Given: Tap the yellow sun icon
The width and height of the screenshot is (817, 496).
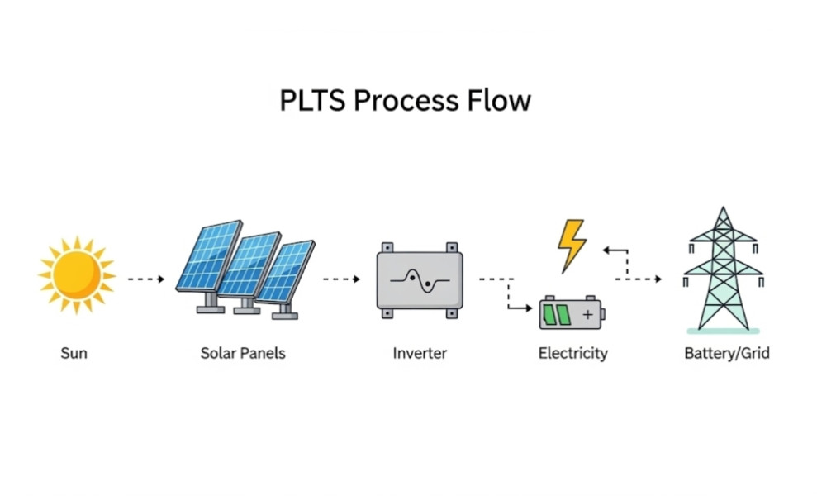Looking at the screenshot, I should point(76,274).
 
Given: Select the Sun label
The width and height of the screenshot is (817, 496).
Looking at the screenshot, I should point(74,354).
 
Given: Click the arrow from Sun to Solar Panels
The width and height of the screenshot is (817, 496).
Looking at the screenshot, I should point(146,279).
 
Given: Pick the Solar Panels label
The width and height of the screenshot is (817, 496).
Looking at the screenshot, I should point(243,354).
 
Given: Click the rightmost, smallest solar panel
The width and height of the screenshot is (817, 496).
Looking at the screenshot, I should point(286,270).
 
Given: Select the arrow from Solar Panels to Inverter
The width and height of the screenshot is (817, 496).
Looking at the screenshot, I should point(341,279).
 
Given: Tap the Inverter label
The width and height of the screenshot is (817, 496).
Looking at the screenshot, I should point(420,354).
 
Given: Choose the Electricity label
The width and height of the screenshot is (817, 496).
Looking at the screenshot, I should point(572,354).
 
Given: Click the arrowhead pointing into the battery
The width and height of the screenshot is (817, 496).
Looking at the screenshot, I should point(530,308).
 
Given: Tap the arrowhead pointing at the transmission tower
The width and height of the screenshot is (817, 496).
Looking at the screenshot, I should point(658,279).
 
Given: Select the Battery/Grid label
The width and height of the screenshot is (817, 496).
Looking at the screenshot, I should point(727,354).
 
